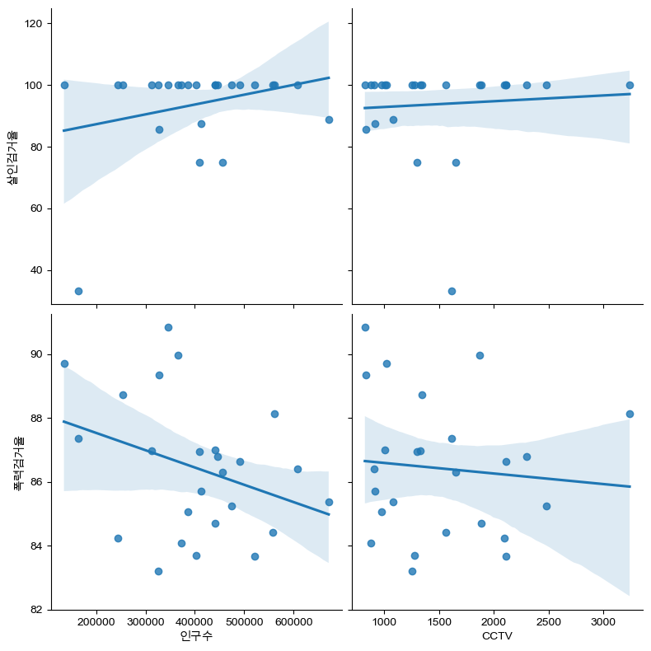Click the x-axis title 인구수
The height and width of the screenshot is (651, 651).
196,636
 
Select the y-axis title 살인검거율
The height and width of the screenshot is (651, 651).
13,157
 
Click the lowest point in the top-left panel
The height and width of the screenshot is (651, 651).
78,291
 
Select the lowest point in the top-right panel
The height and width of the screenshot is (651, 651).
452,291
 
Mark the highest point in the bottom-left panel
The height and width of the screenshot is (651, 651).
168,327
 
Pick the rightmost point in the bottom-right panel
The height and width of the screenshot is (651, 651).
630,414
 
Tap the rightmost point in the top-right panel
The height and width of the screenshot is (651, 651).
630,85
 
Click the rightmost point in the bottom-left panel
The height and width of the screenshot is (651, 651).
329,502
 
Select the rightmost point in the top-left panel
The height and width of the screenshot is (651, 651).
329,119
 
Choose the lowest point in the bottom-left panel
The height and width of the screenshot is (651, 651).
158,571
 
